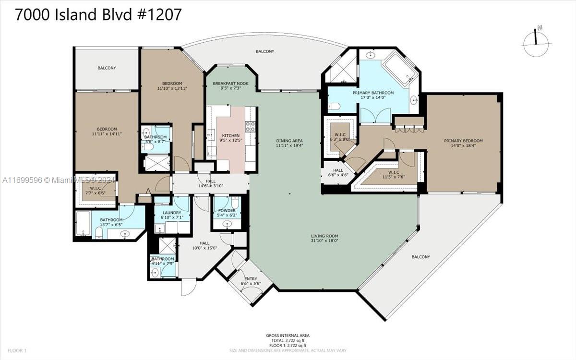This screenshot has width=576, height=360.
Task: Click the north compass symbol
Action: [536, 42]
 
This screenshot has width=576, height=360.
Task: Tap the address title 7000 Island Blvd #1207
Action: [98, 14]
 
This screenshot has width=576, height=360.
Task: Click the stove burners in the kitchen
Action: [250, 127]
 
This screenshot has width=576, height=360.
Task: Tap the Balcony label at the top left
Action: [107, 68]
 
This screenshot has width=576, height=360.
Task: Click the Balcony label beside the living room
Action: [420, 257]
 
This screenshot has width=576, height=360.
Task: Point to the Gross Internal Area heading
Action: [288, 335]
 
